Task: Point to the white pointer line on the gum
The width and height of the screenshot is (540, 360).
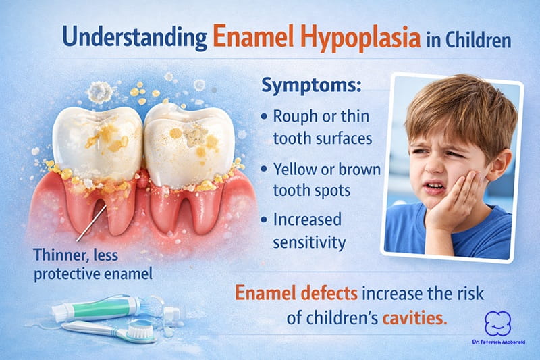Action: (91, 223)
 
